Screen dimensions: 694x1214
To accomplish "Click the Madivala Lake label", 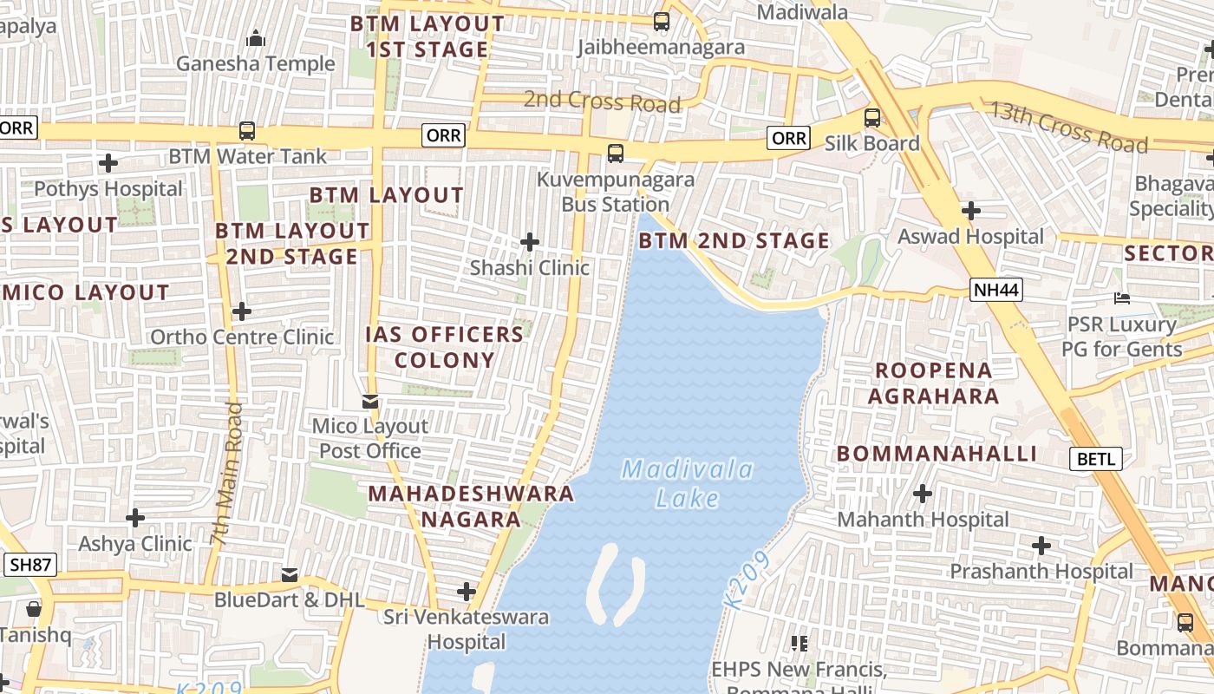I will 688,484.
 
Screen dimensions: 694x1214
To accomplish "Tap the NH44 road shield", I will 995,291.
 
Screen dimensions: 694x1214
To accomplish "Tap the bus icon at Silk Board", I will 872,118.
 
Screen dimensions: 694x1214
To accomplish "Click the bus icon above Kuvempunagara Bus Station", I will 616,154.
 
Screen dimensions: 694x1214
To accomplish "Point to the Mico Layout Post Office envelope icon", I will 371,401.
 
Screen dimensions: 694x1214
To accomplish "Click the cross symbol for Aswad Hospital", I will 971,211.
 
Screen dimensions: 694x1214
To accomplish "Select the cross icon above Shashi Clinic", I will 530,242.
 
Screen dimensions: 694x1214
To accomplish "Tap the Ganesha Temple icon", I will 255,38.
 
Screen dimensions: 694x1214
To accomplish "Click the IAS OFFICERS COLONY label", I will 444,347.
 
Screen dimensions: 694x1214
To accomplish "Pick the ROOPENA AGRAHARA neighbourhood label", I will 933,383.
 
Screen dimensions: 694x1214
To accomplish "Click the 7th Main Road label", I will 226,474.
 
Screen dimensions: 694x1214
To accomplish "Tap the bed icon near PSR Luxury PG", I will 1121,299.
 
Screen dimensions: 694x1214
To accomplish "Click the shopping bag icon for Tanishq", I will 34,609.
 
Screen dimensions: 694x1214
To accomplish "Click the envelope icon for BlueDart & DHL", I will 290,574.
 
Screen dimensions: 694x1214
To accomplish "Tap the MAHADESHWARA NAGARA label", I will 471,507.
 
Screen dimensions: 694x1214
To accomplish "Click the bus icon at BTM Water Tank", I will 247,131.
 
